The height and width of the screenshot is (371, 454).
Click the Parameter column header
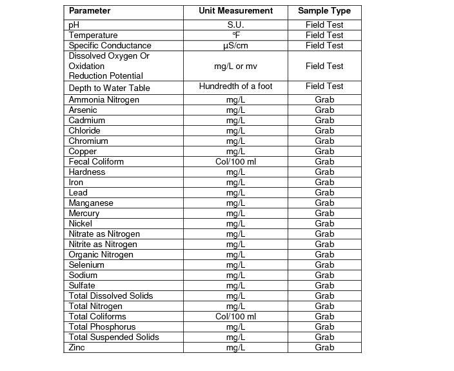tap(90, 11)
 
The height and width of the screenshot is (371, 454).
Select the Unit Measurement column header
tap(235, 11)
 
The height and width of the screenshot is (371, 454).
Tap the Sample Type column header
tap(324, 11)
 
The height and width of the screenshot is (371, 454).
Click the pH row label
tap(74, 25)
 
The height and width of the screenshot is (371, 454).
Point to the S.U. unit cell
tap(235, 25)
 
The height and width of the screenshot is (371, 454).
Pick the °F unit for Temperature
tap(235, 35)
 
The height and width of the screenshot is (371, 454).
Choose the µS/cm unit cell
tap(235, 46)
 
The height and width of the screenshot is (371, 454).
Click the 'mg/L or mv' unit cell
tap(235, 66)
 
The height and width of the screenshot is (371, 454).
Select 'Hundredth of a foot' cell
tap(235, 86)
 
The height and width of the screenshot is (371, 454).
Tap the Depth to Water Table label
tap(109, 88)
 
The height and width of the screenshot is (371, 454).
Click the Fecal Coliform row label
tap(96, 162)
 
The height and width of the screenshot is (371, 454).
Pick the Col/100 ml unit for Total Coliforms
tap(235, 317)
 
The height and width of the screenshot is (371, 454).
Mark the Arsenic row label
tap(83, 110)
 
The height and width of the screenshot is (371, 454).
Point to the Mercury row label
tap(84, 214)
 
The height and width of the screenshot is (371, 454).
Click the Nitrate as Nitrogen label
tap(104, 234)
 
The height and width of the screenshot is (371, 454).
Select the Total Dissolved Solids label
tap(111, 296)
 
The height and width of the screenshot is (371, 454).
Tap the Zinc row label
tap(77, 348)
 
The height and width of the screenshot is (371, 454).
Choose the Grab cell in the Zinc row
tap(324, 348)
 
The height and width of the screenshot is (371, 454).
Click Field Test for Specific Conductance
tap(324, 46)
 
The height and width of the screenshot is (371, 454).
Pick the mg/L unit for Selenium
tap(235, 265)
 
